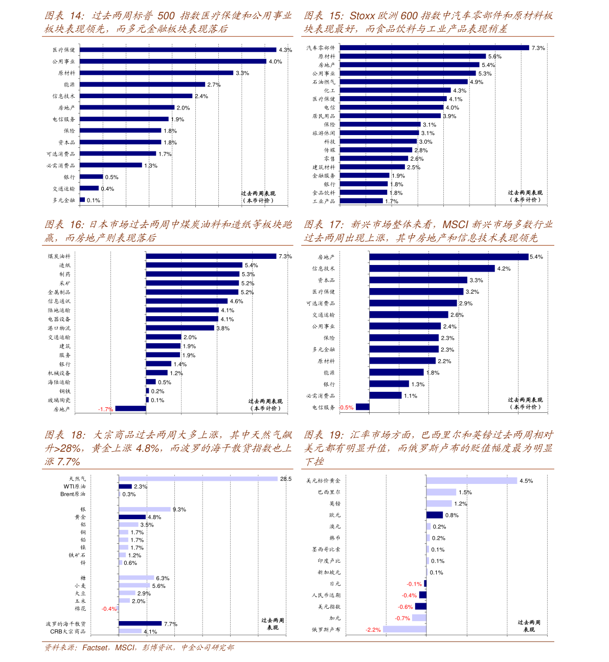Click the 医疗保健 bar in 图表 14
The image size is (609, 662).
coord(178,50)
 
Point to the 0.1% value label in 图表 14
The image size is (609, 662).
coord(94,201)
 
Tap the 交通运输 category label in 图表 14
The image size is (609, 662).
coord(64,189)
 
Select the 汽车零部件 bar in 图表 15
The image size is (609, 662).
coord(434,48)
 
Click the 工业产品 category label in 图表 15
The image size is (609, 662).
coord(324,202)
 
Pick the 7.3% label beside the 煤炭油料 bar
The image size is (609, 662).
coord(285,256)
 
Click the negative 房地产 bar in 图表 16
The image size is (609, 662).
coord(130,408)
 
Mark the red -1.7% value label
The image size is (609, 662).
coord(105,409)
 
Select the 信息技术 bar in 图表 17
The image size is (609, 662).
coord(432,269)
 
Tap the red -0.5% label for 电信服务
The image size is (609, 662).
coord(346,408)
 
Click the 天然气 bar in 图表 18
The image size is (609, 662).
coord(198,479)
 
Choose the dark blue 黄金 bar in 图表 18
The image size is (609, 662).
coord(132,517)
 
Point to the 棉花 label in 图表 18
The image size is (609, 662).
coord(80,609)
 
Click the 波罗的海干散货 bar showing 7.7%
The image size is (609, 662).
coord(140,624)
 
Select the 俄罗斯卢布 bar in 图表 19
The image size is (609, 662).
coord(404,629)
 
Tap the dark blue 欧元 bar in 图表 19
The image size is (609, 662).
coord(435,515)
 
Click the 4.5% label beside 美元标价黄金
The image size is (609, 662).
coord(526,481)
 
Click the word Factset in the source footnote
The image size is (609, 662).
coord(95,648)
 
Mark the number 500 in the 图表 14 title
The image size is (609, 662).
coord(166,16)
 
